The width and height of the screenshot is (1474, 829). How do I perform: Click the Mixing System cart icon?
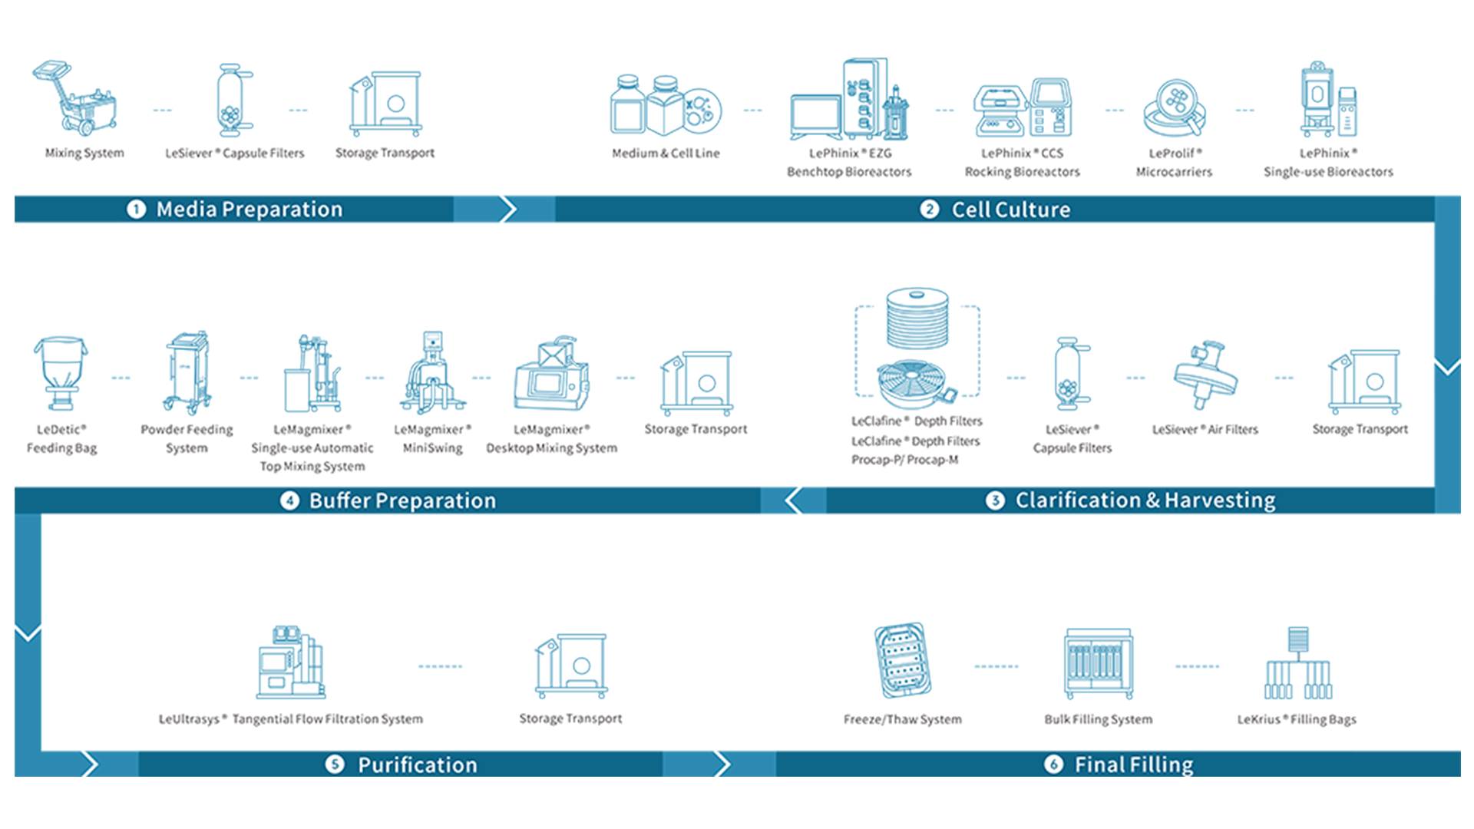pyautogui.click(x=76, y=98)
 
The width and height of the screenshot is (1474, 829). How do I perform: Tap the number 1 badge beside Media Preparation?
pyautogui.click(x=136, y=209)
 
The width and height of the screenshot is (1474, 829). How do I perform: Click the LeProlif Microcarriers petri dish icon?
pyautogui.click(x=1174, y=107)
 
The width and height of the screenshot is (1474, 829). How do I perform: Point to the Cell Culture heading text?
pyautogui.click(x=1010, y=210)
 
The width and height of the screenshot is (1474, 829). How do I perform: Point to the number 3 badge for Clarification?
pyautogui.click(x=995, y=500)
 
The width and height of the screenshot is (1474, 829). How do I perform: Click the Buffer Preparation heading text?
pyautogui.click(x=402, y=500)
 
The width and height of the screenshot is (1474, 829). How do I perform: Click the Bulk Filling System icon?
pyautogui.click(x=1099, y=663)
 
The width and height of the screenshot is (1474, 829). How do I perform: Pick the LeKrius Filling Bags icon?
pyautogui.click(x=1297, y=663)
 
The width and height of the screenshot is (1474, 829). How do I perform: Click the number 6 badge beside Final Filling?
pyautogui.click(x=1053, y=765)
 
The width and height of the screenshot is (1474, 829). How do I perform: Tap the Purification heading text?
pyautogui.click(x=417, y=765)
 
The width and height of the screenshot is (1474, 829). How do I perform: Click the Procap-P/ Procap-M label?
pyautogui.click(x=904, y=460)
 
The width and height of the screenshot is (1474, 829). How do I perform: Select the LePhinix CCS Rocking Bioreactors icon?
pyautogui.click(x=1023, y=107)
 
